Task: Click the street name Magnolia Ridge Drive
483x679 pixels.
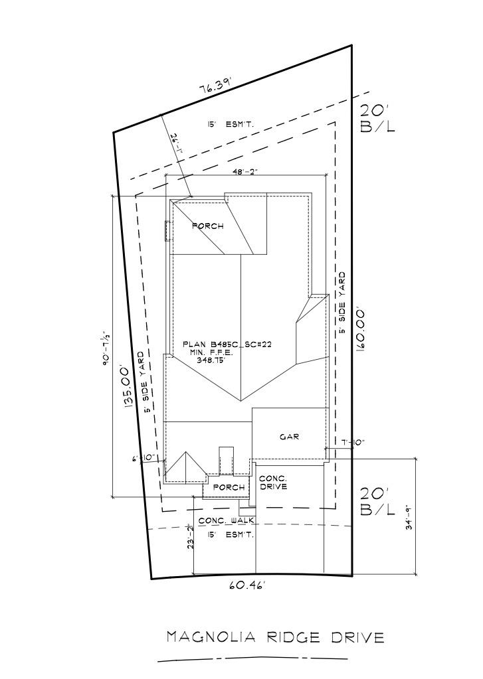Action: point(275,638)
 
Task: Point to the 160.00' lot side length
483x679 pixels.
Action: point(361,330)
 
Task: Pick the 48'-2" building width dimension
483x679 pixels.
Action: point(244,172)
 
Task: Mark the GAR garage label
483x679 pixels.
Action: point(289,437)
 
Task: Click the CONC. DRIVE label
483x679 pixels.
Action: point(272,483)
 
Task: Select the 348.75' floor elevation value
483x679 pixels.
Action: point(229,360)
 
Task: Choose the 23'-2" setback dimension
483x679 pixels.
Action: point(191,536)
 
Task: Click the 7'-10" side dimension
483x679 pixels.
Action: point(353,442)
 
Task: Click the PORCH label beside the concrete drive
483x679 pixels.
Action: point(228,488)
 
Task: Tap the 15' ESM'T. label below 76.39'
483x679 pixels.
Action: point(231,124)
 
